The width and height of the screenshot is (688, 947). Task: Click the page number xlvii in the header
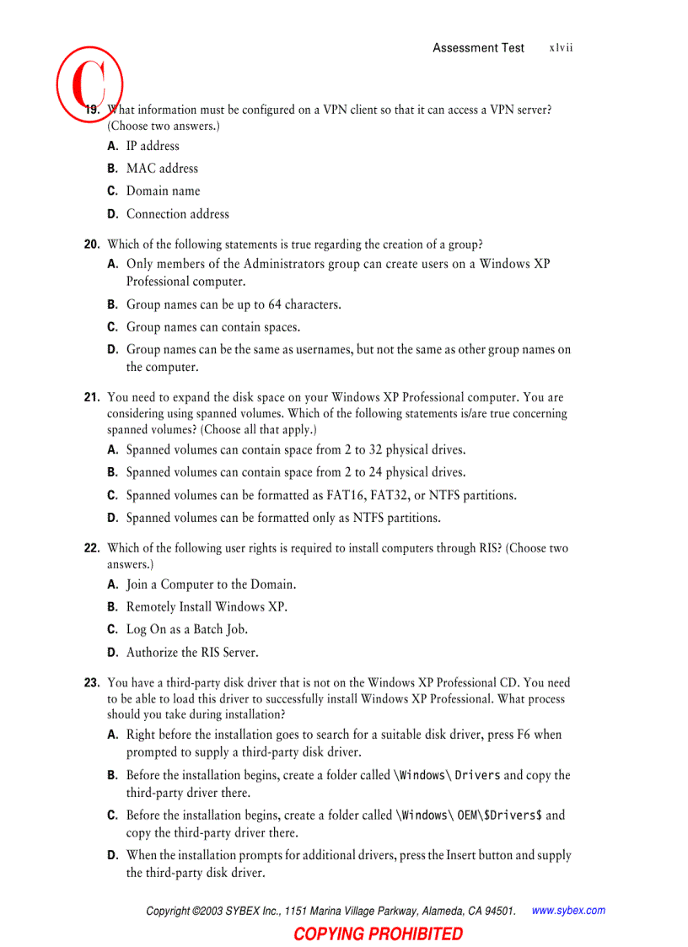coord(561,48)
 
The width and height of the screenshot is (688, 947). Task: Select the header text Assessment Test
coord(478,48)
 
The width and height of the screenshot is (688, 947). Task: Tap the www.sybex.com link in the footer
coord(568,911)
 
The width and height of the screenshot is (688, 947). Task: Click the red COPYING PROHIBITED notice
coord(378,934)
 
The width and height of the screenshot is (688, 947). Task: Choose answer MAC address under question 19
coord(162,169)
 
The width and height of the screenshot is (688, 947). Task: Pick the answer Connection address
coord(177,214)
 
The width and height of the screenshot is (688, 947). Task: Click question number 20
coord(92,245)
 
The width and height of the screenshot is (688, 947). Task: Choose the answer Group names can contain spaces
coord(212,327)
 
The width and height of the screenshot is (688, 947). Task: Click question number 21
coord(92,397)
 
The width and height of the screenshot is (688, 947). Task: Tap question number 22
coord(92,548)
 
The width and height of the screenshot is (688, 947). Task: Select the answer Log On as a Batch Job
coord(186,630)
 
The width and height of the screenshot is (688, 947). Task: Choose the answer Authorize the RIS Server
coord(192,653)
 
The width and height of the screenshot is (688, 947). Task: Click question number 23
coord(92,683)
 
